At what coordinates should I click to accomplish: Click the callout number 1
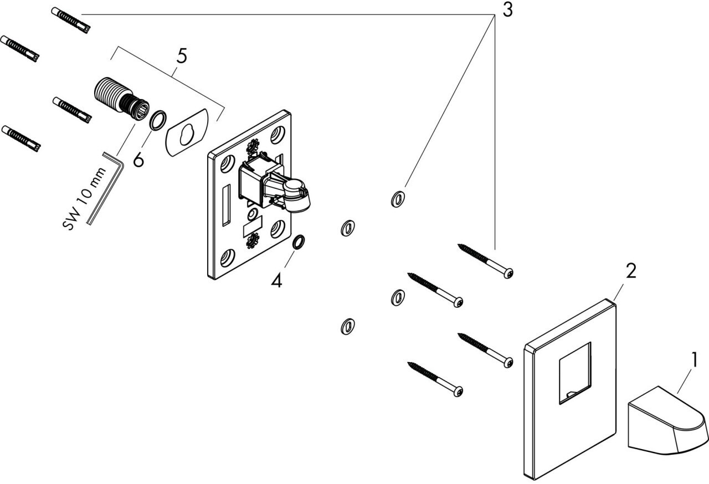(x=692, y=361)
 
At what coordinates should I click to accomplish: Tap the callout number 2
(x=630, y=271)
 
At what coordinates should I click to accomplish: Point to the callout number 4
(x=276, y=281)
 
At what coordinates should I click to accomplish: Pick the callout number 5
(x=181, y=56)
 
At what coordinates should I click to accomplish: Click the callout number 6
(x=138, y=160)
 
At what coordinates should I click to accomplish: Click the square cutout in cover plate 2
(x=574, y=372)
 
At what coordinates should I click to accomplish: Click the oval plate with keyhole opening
(x=186, y=131)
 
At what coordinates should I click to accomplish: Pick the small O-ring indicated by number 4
(x=298, y=242)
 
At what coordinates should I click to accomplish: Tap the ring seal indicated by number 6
(x=158, y=120)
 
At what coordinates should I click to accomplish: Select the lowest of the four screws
(x=435, y=379)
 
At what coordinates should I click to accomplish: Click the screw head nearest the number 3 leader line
(x=508, y=273)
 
